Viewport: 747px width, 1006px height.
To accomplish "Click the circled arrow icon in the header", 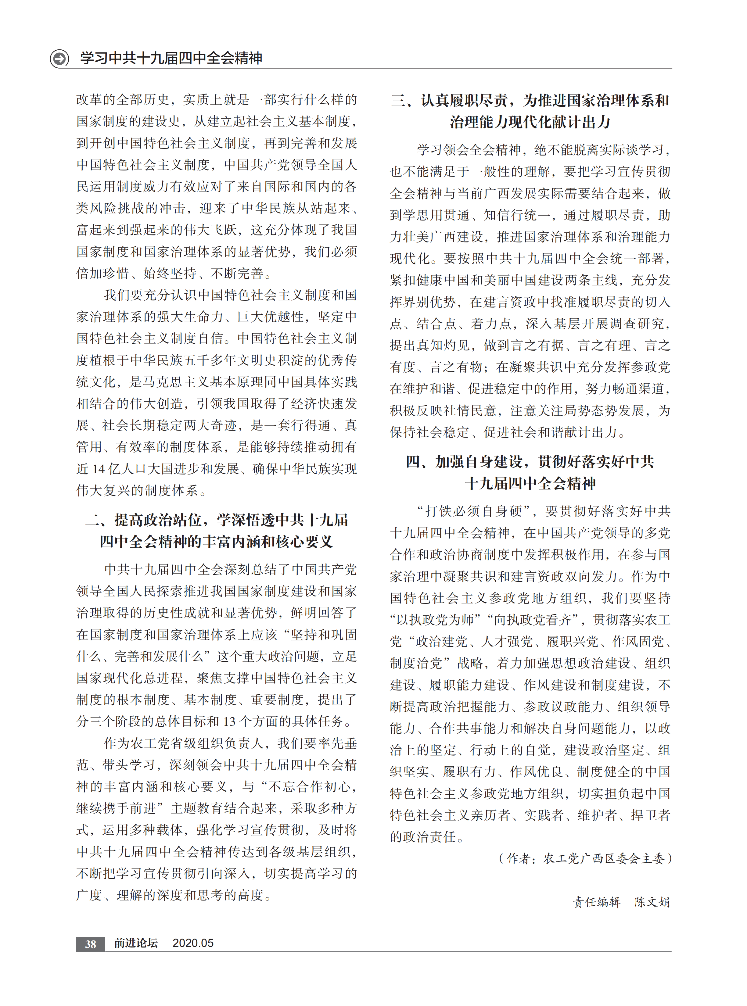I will pyautogui.click(x=59, y=58).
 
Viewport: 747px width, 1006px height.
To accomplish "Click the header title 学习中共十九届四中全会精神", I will pyautogui.click(x=171, y=58).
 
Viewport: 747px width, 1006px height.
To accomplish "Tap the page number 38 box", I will pyautogui.click(x=90, y=943).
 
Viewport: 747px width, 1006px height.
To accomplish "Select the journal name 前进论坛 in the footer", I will pyautogui.click(x=136, y=943).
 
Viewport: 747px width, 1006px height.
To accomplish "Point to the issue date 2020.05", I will pyautogui.click(x=193, y=943).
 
